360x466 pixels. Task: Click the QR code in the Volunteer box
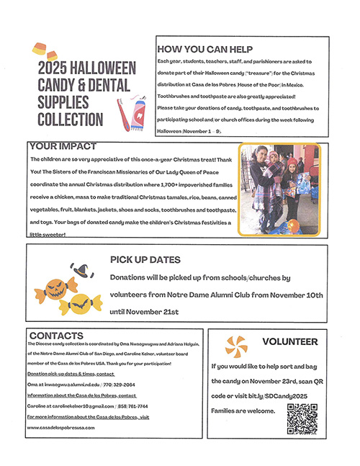click(302, 418)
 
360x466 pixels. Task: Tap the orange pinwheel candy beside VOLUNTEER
click(235, 347)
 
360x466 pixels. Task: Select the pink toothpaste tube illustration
click(139, 112)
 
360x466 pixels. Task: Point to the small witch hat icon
click(85, 272)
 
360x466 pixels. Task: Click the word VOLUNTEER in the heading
click(290, 342)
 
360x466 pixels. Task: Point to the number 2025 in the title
click(54, 68)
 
